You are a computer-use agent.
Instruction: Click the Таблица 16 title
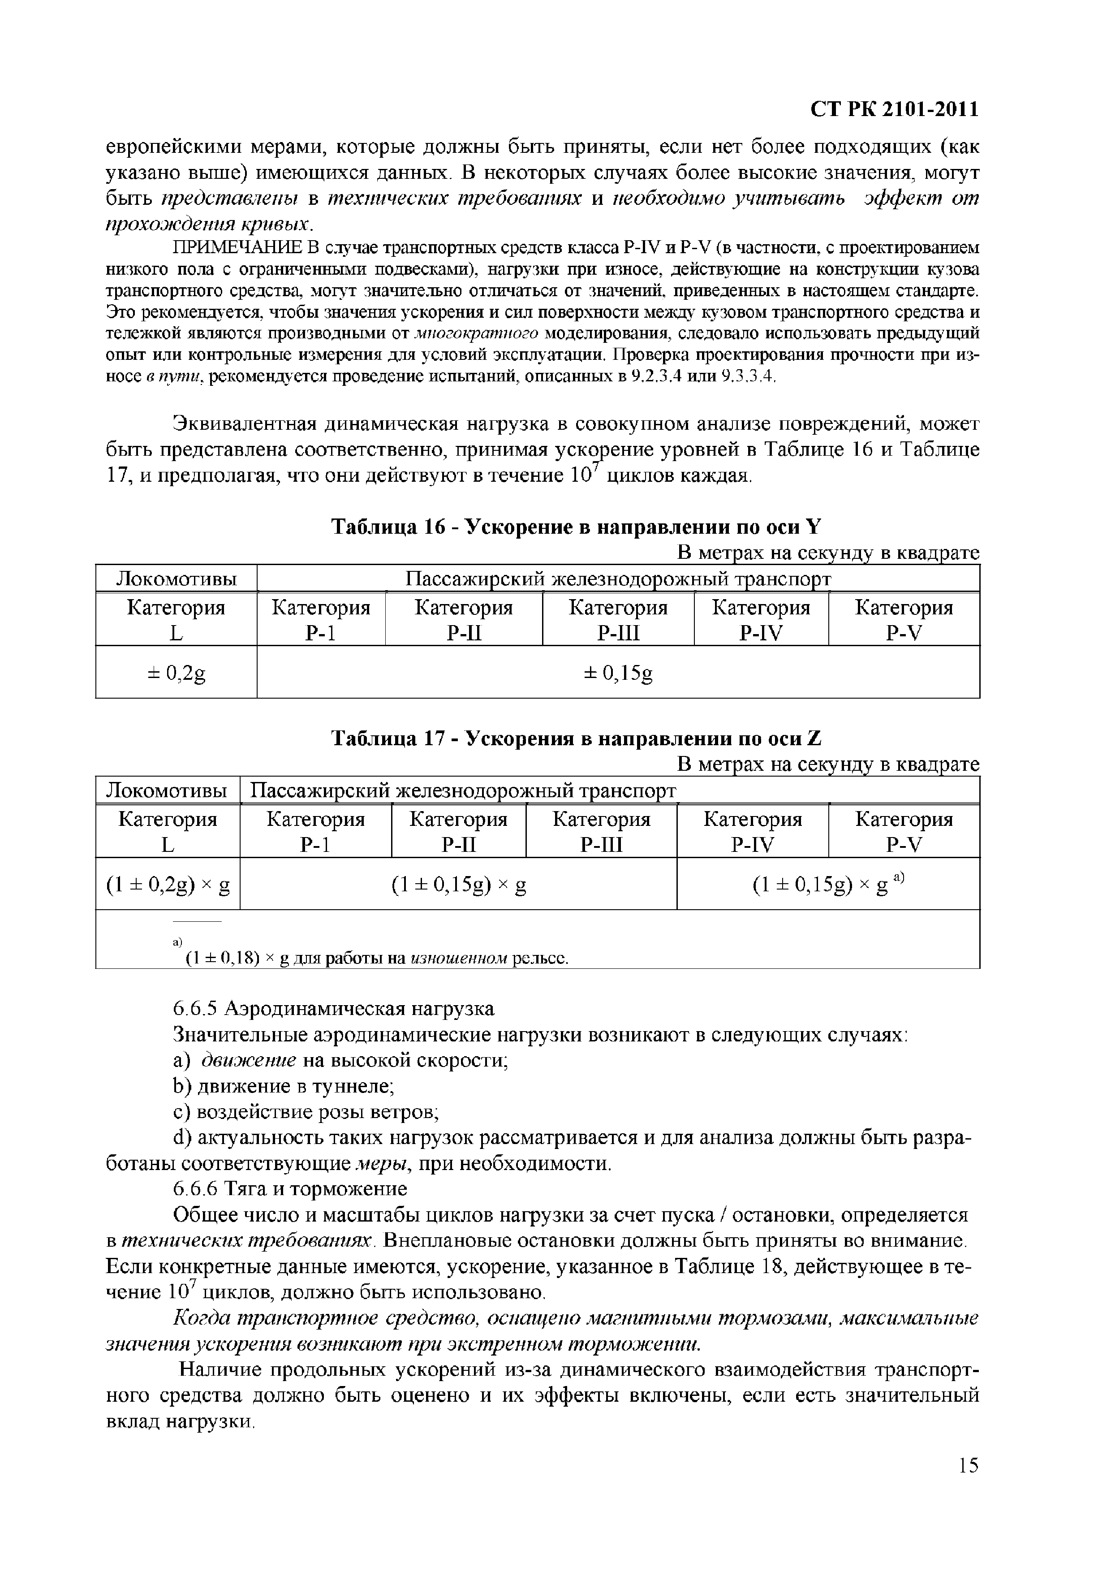click(x=577, y=527)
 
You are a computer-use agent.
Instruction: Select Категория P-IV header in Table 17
click(x=752, y=831)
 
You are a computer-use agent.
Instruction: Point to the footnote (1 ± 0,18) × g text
click(x=376, y=958)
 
